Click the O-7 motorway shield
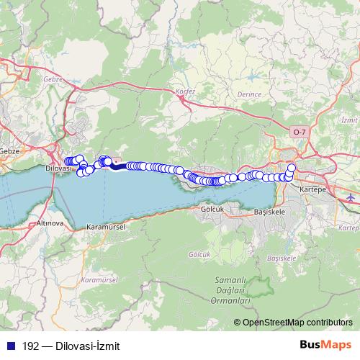coord(300,132)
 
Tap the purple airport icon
coord(351,197)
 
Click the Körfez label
coord(185,91)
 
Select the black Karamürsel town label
coord(106,226)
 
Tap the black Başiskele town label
coord(271,213)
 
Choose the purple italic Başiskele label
coord(282,257)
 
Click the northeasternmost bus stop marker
coord(292,168)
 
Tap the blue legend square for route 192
coord(8,345)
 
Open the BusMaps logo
coord(325,344)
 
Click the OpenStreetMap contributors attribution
coord(297,323)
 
